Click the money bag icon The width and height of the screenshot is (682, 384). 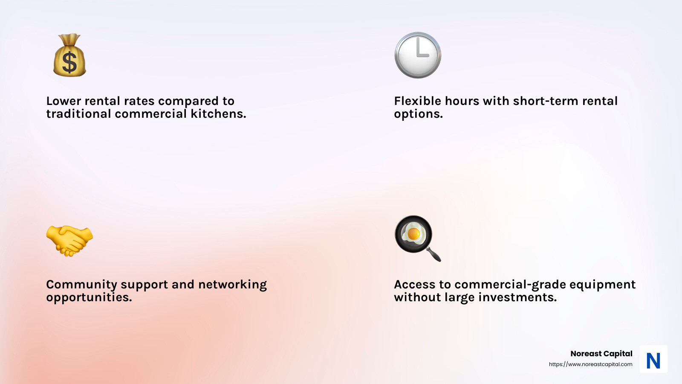tap(70, 55)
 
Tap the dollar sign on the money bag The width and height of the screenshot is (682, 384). tap(69, 62)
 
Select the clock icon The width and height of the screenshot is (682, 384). tap(418, 55)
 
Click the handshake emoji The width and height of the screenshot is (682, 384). tap(69, 241)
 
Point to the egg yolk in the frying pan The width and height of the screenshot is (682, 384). tap(413, 234)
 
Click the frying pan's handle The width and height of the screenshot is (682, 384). tap(433, 254)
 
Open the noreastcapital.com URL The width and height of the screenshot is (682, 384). tap(591, 364)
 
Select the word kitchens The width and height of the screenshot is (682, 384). tap(218, 113)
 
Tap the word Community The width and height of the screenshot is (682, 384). tap(81, 285)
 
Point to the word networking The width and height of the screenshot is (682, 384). tap(233, 285)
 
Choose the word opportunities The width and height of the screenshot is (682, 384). tap(89, 297)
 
